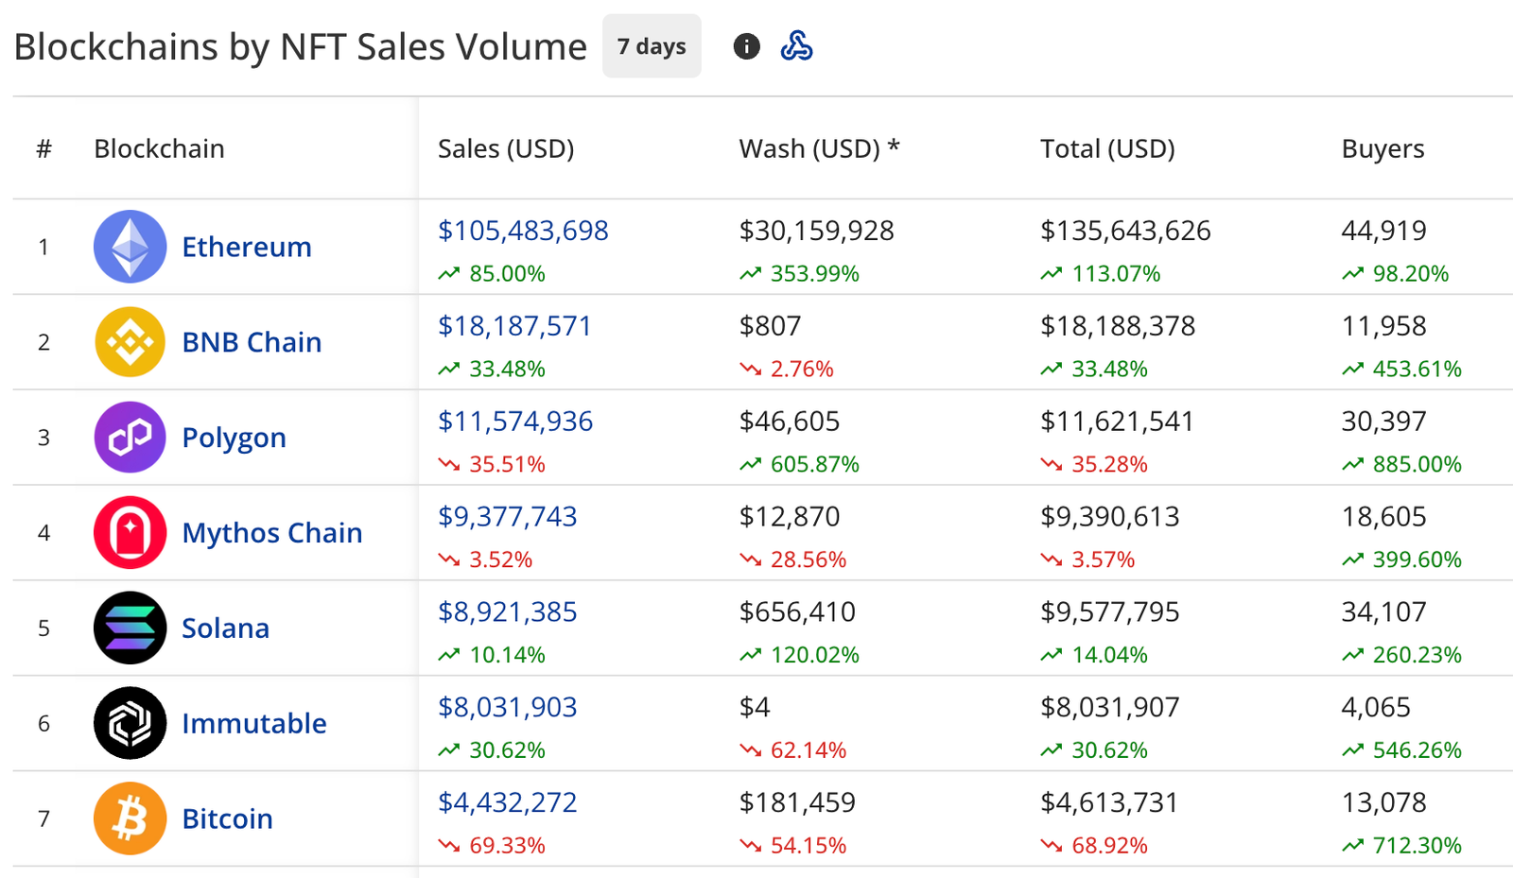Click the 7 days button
tap(652, 46)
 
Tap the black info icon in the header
tap(746, 46)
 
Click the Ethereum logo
tap(130, 247)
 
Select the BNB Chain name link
tap(252, 342)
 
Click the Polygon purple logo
tap(130, 438)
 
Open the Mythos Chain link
tap(272, 533)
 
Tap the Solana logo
tap(130, 628)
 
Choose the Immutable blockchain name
tap(254, 724)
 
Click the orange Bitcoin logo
tap(130, 818)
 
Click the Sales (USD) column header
tap(506, 149)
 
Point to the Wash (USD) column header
tap(819, 149)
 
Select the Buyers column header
tap(1383, 149)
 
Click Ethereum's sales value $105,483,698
tap(523, 231)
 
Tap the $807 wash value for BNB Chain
tap(770, 326)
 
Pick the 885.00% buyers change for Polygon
tap(1417, 464)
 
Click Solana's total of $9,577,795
tap(1109, 612)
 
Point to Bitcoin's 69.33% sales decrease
tap(507, 846)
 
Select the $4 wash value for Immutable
tap(755, 708)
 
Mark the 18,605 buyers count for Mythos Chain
tap(1383, 517)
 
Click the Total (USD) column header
tap(1107, 149)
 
